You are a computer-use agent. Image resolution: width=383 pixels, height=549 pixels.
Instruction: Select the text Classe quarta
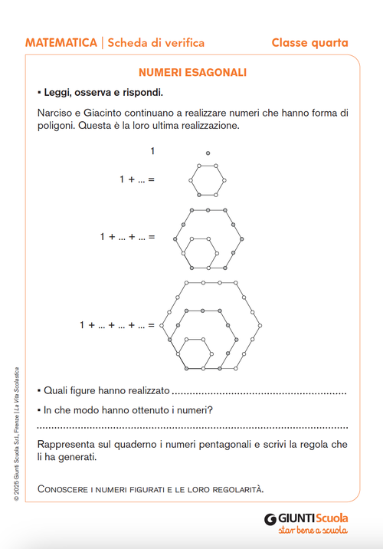(x=309, y=43)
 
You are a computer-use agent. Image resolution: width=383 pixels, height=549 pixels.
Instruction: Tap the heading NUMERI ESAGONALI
(x=192, y=73)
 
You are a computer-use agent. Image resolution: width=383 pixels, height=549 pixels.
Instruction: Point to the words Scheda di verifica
(x=150, y=43)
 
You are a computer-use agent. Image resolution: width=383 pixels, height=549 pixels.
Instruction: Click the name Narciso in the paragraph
(x=56, y=113)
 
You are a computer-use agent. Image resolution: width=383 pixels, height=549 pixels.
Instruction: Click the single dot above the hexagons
(x=208, y=153)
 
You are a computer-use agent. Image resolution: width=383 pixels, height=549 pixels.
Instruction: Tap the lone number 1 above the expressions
(x=152, y=151)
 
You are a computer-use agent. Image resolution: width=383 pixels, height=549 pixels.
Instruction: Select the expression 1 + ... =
(x=136, y=179)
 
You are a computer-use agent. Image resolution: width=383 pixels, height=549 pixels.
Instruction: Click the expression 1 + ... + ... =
(x=126, y=237)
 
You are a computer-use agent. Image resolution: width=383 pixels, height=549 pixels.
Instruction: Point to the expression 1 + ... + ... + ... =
(x=116, y=325)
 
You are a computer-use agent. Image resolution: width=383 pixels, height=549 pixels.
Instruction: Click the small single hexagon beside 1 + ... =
(x=208, y=181)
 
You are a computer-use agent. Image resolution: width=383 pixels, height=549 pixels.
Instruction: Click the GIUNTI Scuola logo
(x=306, y=518)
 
